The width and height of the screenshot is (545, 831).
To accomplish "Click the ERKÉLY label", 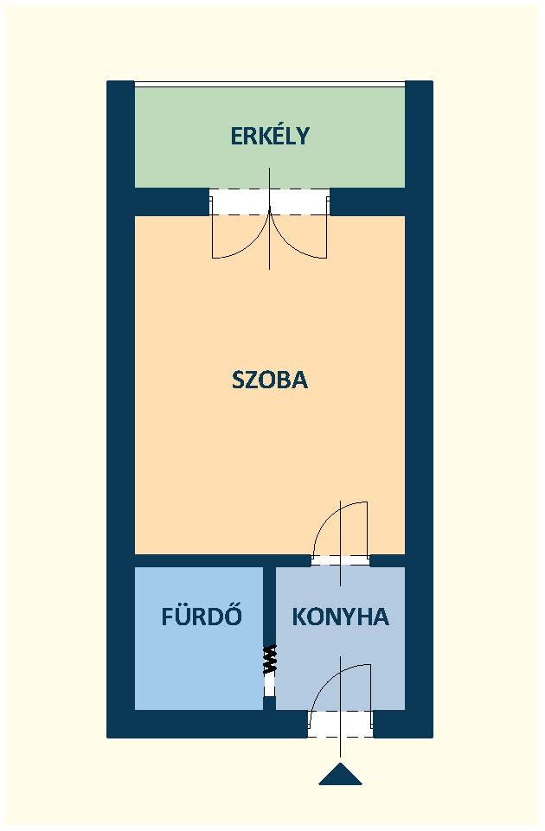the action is [x=270, y=136].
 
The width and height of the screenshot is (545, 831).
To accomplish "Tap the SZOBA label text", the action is [x=270, y=380].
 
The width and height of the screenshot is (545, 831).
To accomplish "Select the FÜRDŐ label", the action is [x=202, y=616].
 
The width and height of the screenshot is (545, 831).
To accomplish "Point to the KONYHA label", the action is [x=340, y=617].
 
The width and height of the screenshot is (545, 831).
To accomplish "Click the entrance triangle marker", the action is [x=340, y=774].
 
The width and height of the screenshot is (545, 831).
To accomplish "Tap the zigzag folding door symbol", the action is [x=270, y=659].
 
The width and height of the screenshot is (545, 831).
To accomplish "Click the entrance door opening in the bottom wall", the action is [x=340, y=724].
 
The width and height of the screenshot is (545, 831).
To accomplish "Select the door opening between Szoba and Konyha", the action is [x=340, y=560].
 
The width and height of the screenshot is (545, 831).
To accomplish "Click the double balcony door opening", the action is [x=270, y=201].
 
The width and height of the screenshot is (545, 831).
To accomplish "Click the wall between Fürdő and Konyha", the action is [x=270, y=605].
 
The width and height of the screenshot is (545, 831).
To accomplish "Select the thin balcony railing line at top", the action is [x=270, y=82].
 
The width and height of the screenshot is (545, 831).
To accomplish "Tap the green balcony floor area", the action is [x=270, y=159].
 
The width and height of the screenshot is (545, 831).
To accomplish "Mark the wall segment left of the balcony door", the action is [x=172, y=201].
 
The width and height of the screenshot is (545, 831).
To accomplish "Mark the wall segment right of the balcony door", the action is [x=368, y=201].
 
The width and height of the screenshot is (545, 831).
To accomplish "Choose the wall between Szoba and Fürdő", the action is [x=199, y=560].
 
